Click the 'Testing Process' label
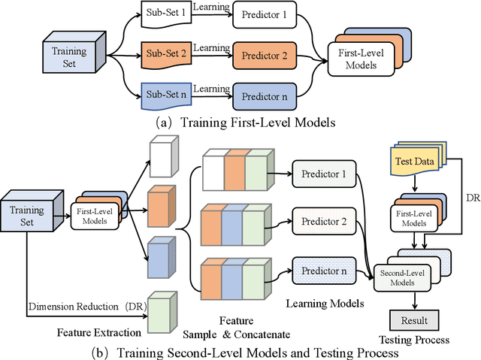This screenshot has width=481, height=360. click(417, 340)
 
